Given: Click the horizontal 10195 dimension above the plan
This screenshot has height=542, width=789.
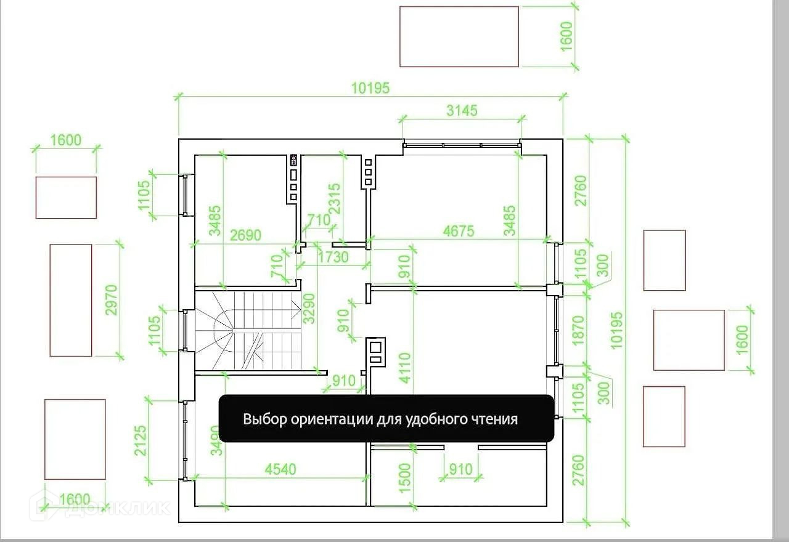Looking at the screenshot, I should click(370, 88).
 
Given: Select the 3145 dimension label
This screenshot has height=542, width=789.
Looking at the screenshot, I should click(461, 110).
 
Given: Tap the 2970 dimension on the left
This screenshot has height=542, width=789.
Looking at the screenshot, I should click(111, 300).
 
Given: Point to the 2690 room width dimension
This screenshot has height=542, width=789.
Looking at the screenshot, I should click(245, 235).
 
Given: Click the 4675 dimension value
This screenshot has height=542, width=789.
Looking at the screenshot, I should click(459, 231).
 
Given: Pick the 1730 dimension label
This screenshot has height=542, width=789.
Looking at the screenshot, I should click(333, 257).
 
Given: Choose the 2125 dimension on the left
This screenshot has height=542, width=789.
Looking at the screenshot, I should click(141, 440).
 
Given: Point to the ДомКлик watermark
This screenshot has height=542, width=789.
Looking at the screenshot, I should click(105, 507).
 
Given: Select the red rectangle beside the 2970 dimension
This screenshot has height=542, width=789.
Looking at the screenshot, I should click(71, 300).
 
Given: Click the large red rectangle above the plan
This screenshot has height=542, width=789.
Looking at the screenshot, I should click(459, 36).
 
